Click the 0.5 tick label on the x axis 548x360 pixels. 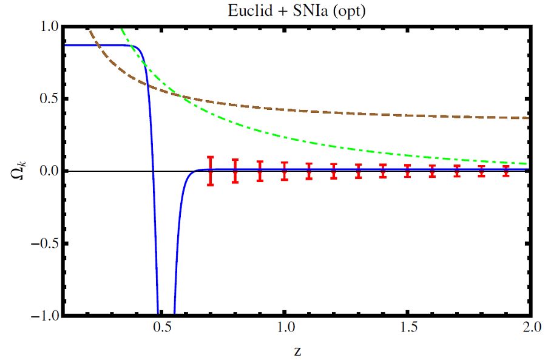(161, 328)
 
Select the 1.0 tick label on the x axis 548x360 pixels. (284, 328)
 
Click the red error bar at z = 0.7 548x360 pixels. (210, 171)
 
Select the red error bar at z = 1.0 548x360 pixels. (284, 171)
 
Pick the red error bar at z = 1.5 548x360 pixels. (407, 171)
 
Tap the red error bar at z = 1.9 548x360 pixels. (506, 171)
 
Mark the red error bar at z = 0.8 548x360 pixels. (235, 171)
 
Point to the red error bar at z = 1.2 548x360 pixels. (333, 171)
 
